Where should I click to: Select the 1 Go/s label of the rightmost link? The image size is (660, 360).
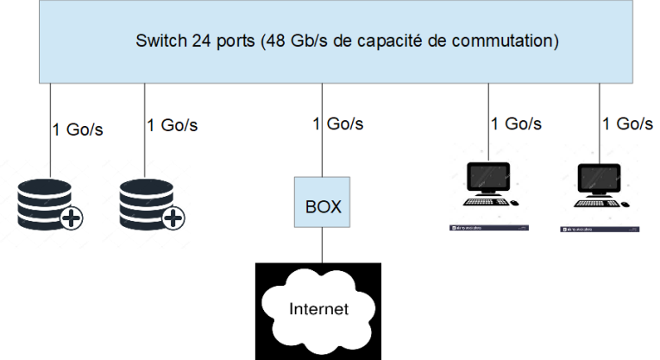(627, 124)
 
